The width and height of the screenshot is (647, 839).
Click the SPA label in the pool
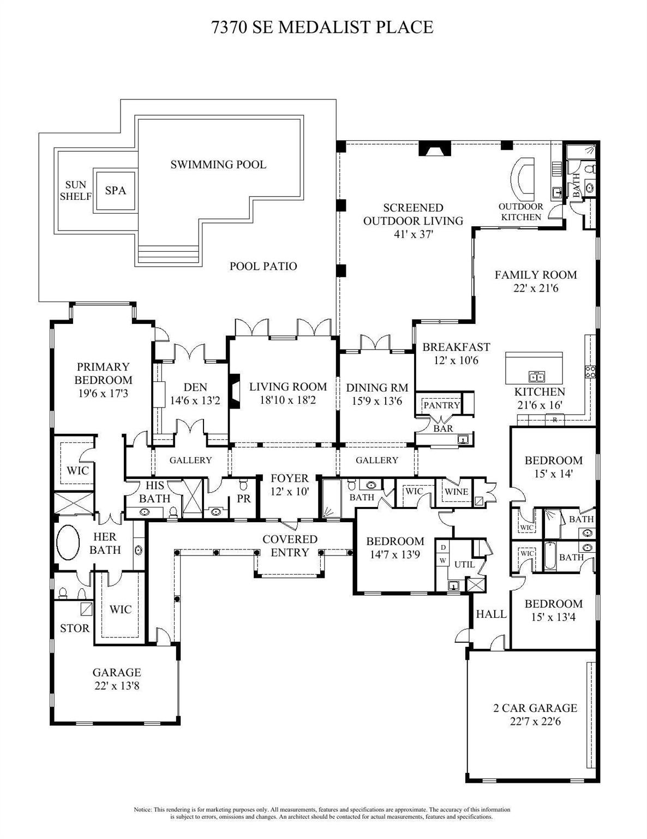115,190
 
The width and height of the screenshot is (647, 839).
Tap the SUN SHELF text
76,190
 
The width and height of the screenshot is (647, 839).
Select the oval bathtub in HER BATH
68,542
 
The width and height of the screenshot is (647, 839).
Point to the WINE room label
457,492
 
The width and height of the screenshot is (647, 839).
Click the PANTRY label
441,405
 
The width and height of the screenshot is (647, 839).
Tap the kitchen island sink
536,375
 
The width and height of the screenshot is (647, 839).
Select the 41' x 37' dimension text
414,234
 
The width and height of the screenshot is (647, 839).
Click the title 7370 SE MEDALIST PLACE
322,27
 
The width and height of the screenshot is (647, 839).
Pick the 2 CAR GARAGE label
535,708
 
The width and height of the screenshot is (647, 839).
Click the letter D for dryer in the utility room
444,547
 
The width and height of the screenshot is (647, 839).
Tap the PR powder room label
244,499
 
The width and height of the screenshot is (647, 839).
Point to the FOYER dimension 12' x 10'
290,492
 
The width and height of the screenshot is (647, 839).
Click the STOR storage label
74,628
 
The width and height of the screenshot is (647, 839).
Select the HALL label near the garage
491,613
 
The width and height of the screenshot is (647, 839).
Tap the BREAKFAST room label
456,347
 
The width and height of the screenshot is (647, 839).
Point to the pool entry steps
168,255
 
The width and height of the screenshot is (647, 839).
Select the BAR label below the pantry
443,428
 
